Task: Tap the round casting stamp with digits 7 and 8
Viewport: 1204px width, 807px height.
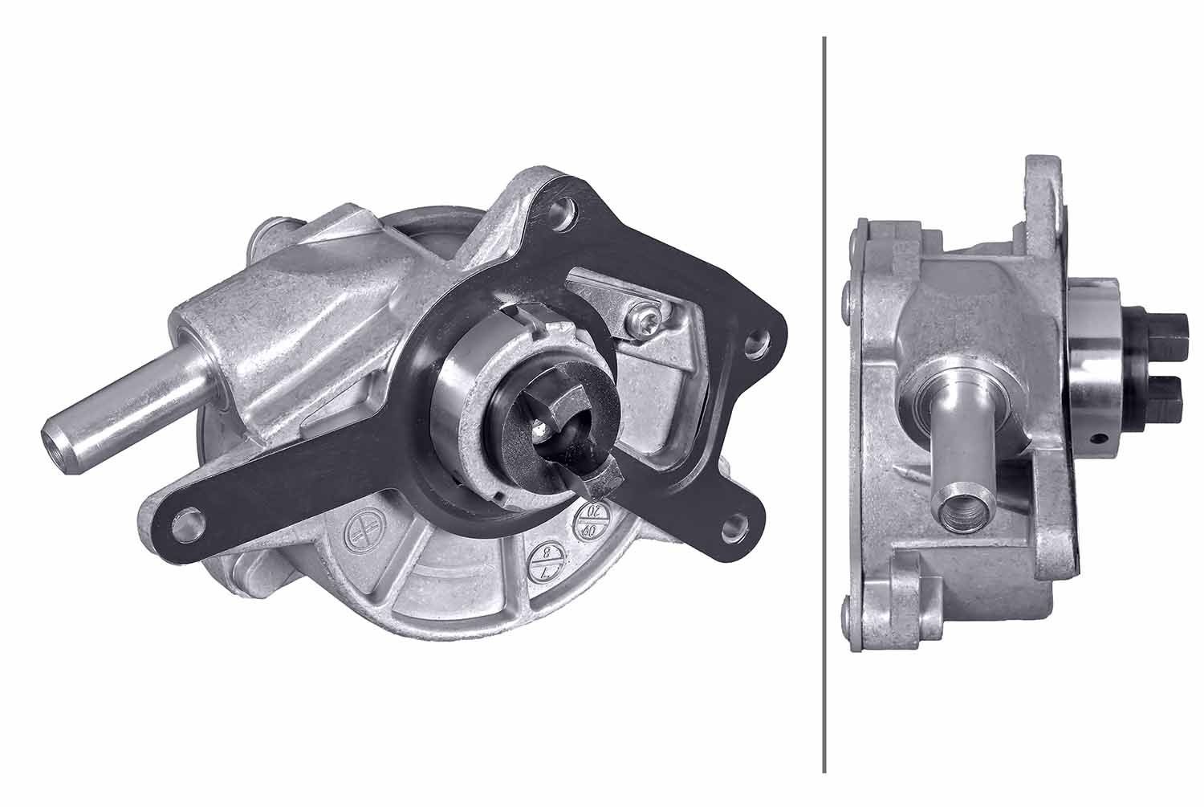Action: [547, 561]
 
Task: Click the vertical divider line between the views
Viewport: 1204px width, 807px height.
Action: [824, 401]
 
